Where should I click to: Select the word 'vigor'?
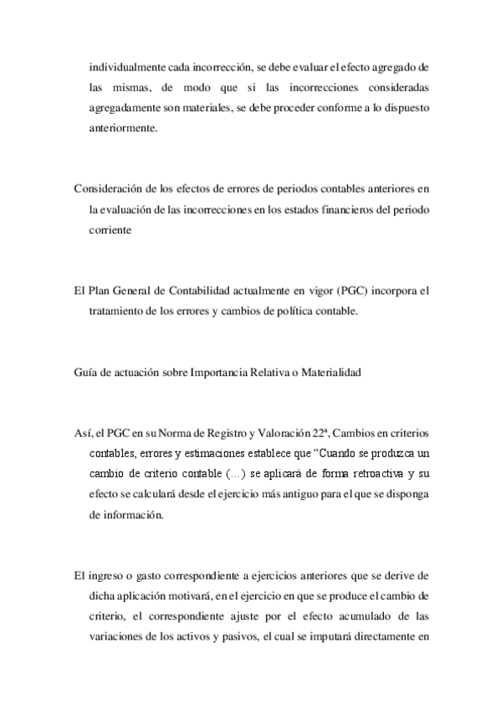318,291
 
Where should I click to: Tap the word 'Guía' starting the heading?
85,373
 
